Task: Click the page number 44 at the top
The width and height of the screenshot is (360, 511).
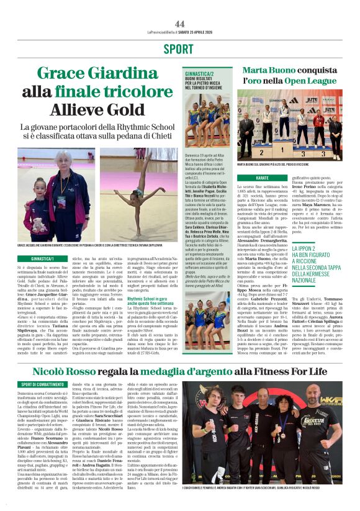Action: point(180,24)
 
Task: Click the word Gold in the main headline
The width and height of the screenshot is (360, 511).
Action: point(119,109)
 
